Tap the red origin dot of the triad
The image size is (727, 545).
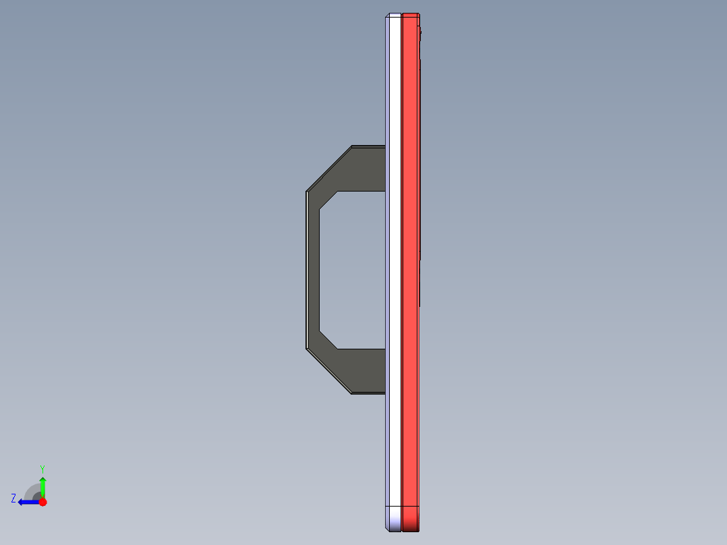[42, 502]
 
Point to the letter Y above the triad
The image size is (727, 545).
[42, 468]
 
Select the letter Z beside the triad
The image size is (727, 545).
[13, 498]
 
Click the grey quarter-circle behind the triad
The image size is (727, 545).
[32, 492]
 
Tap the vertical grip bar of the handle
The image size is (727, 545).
[313, 270]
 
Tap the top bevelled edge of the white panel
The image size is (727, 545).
[394, 15]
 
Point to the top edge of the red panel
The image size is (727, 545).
[410, 14]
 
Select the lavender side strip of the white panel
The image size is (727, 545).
[388, 270]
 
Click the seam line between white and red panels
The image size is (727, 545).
[401, 270]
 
